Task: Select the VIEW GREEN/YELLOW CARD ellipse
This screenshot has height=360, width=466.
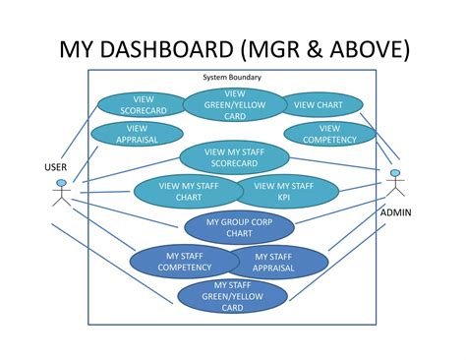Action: click(x=234, y=105)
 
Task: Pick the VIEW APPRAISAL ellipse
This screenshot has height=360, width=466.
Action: click(x=137, y=134)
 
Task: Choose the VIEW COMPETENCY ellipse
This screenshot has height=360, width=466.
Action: click(x=330, y=134)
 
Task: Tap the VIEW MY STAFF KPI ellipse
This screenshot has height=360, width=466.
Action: click(x=283, y=191)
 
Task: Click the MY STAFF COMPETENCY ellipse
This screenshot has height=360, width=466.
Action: click(x=174, y=261)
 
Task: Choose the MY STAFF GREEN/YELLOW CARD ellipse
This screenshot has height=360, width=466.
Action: click(x=232, y=296)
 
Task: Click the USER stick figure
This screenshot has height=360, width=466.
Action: click(x=61, y=193)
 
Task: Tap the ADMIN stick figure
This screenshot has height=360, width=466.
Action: click(x=395, y=186)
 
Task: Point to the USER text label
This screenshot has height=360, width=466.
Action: click(x=56, y=167)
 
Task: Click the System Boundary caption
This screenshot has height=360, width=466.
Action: click(x=232, y=77)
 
